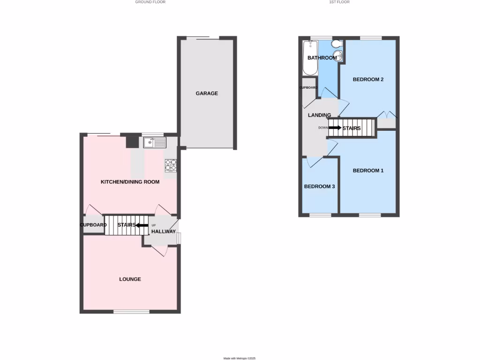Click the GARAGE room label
(x=207, y=93)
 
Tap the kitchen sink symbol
(x=155, y=142)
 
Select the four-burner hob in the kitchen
(x=171, y=165)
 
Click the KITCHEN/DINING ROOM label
(x=130, y=182)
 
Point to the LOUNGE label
(x=130, y=279)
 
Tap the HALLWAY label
(x=163, y=232)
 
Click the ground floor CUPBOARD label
(x=93, y=225)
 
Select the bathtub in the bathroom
(x=310, y=58)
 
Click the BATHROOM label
(x=322, y=58)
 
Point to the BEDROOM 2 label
(x=368, y=80)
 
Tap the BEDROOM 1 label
(x=368, y=171)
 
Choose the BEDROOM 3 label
(x=319, y=187)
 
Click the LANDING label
(x=319, y=115)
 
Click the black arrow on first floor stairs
(x=335, y=127)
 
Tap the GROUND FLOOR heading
(x=150, y=2)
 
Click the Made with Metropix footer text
(x=240, y=358)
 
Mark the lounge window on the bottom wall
(x=131, y=311)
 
